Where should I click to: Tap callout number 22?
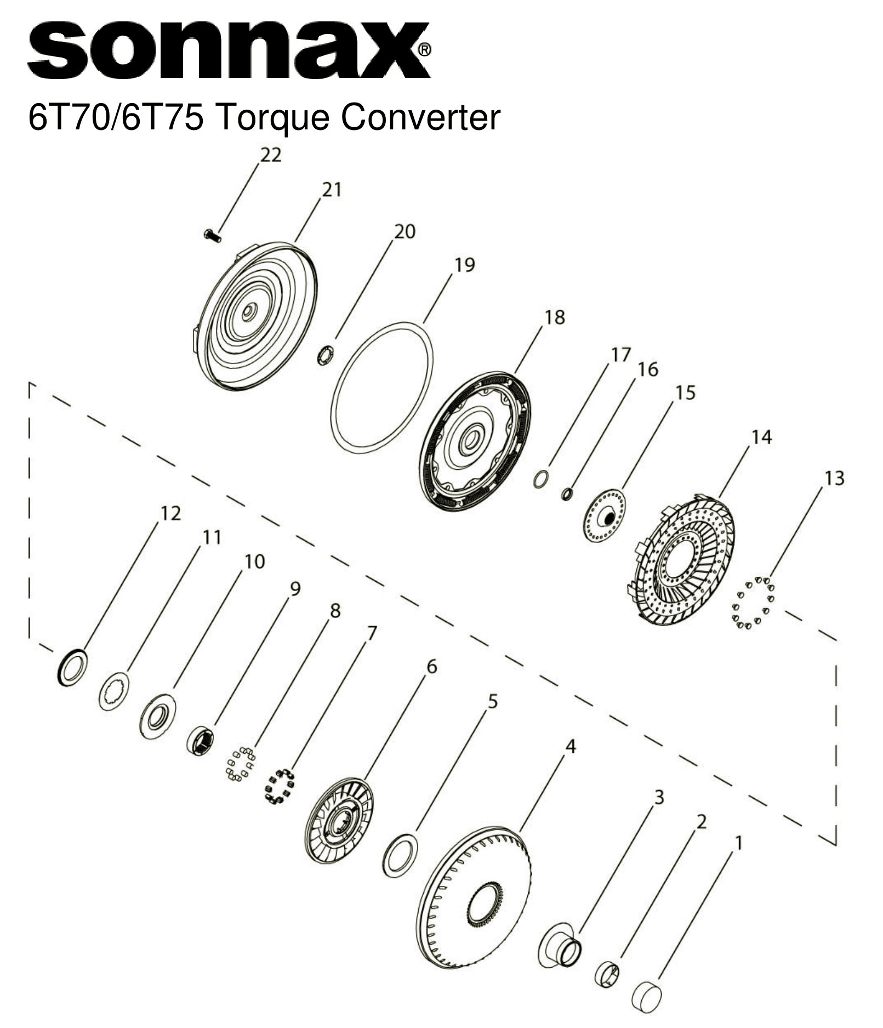pos(271,156)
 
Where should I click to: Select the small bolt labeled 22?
pos(212,236)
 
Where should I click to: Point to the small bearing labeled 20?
pos(327,355)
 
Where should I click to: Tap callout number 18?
pos(555,317)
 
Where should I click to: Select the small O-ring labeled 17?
pos(540,479)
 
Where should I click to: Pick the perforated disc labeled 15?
pos(603,515)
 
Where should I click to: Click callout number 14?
pos(761,438)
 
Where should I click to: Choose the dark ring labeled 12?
pos(72,667)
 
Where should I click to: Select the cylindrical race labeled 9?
pos(201,740)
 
